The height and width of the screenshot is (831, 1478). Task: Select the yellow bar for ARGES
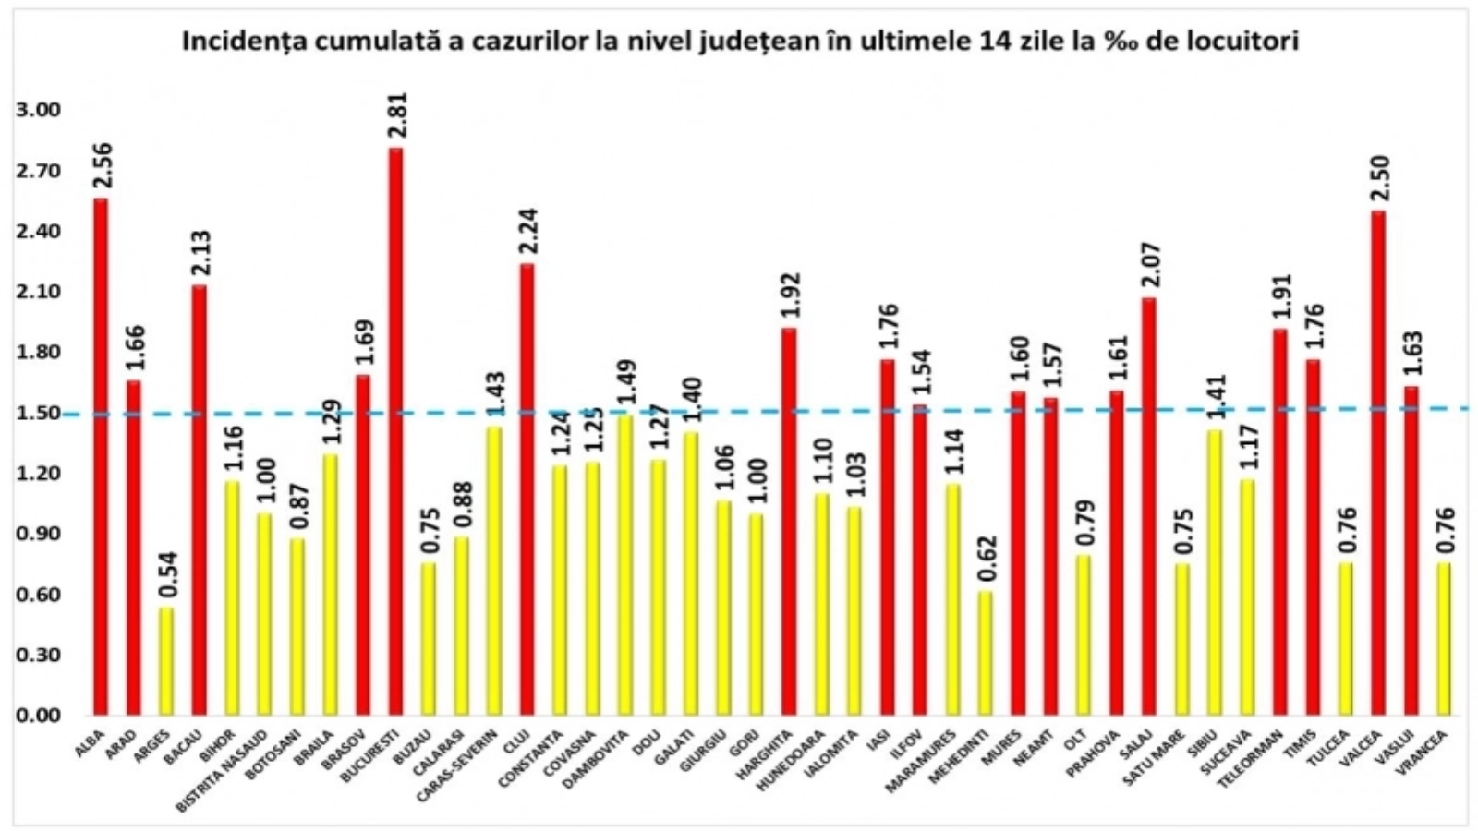tap(166, 661)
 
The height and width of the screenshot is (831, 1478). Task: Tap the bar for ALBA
tap(101, 457)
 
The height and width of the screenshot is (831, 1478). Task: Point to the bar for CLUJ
tap(527, 489)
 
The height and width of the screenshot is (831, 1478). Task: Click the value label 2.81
tap(397, 116)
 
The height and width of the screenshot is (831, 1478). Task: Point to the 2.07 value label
tap(1149, 267)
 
